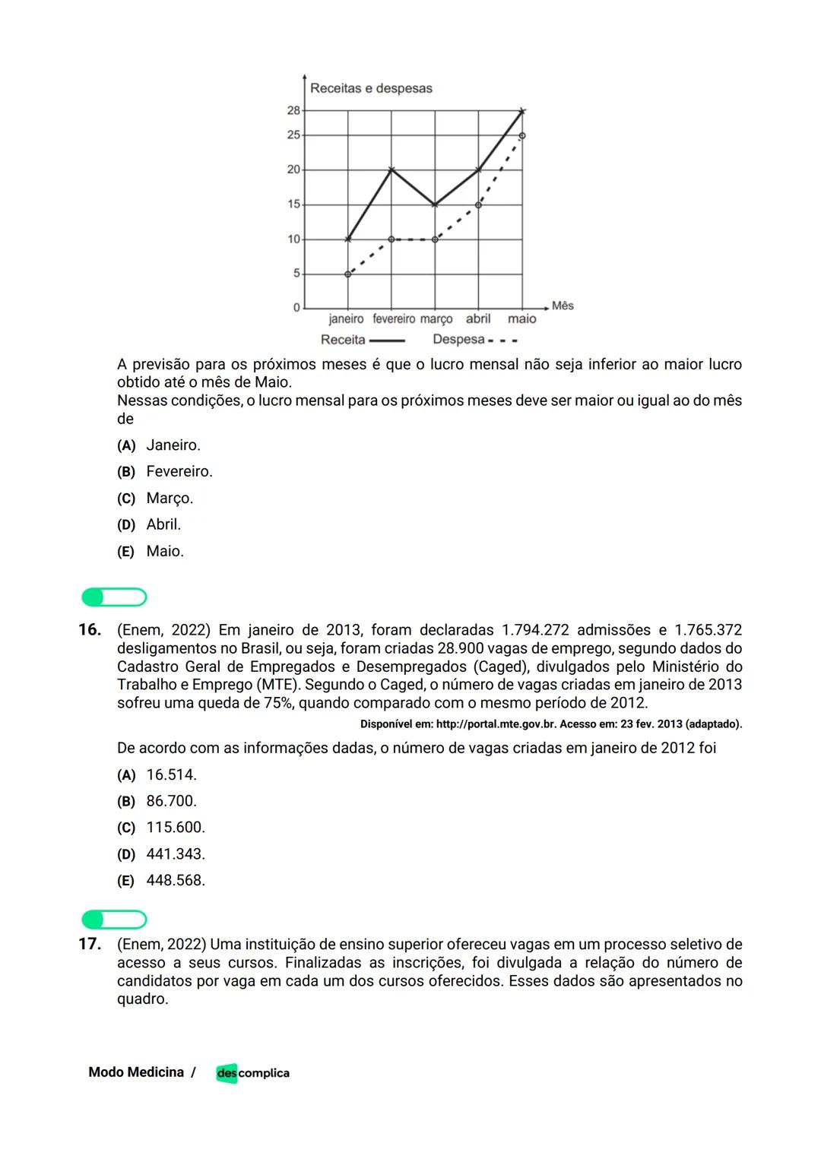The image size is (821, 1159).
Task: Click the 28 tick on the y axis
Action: pos(293,110)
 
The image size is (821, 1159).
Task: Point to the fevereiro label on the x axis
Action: pos(394,319)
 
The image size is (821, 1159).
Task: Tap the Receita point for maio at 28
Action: pos(521,111)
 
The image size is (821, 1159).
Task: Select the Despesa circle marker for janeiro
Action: pos(348,274)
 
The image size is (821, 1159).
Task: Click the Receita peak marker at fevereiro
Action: pos(391,169)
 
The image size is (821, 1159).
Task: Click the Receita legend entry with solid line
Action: pos(361,340)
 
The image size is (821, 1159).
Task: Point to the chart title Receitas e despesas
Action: pos(371,88)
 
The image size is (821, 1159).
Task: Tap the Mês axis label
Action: pos(563,306)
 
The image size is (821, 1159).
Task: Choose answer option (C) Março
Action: pos(169,499)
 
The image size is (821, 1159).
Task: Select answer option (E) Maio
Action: pos(164,551)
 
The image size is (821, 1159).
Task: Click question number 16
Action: pos(90,629)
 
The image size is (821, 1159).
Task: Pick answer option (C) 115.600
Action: pos(175,828)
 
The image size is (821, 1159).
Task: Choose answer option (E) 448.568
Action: pos(175,880)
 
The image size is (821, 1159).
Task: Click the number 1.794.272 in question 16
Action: pos(535,630)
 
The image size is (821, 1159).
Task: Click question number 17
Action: pos(90,944)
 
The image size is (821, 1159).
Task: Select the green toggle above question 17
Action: pos(114,920)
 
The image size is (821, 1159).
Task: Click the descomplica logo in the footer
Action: pos(252,1073)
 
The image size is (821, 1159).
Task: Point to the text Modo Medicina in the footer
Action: pos(136,1072)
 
